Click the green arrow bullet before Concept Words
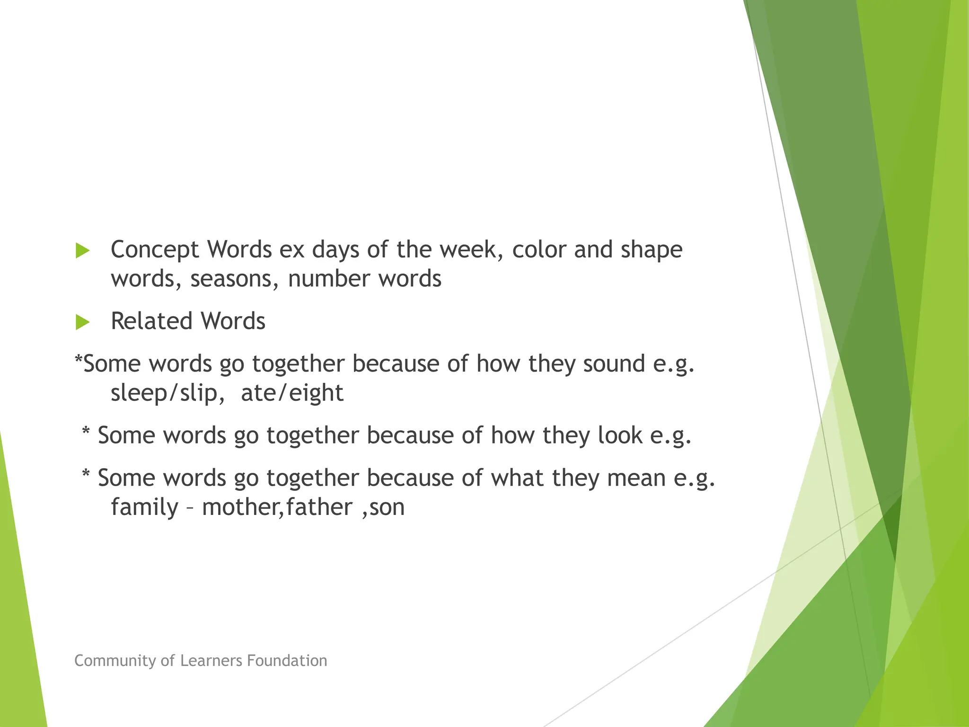coord(82,251)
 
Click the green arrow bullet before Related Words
coord(82,322)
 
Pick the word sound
coord(614,364)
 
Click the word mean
coord(636,478)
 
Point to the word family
coord(144,507)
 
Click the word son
coord(387,507)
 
